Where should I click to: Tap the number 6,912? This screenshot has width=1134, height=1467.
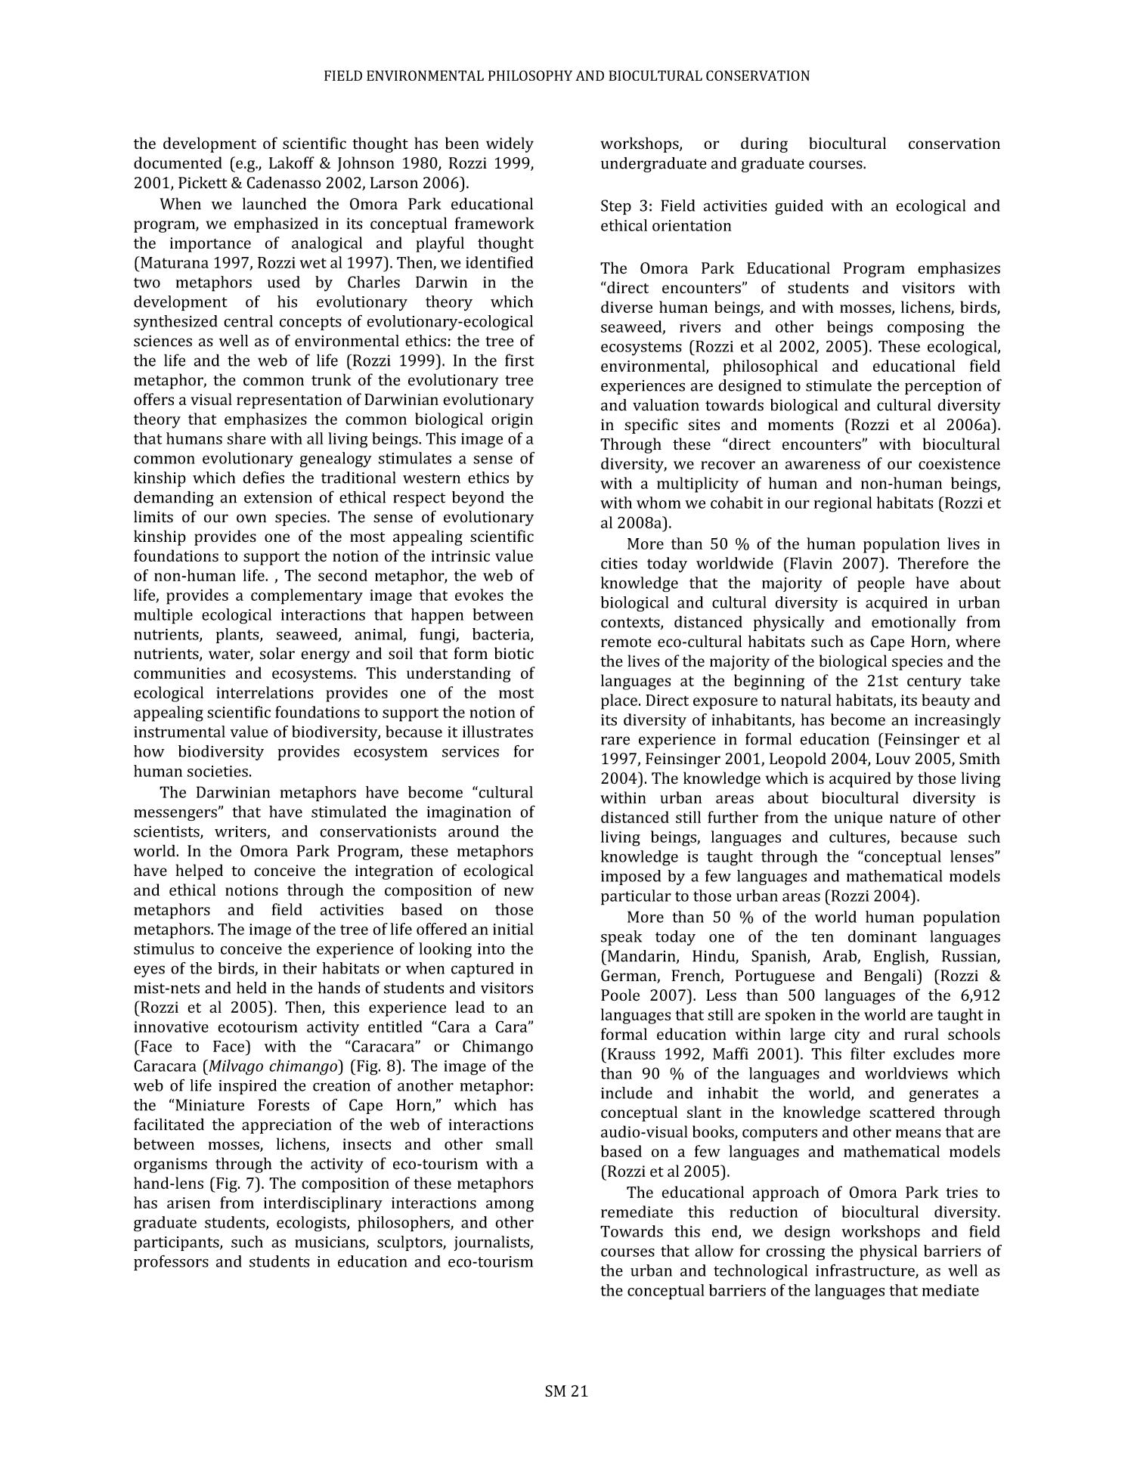pyautogui.click(x=974, y=995)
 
